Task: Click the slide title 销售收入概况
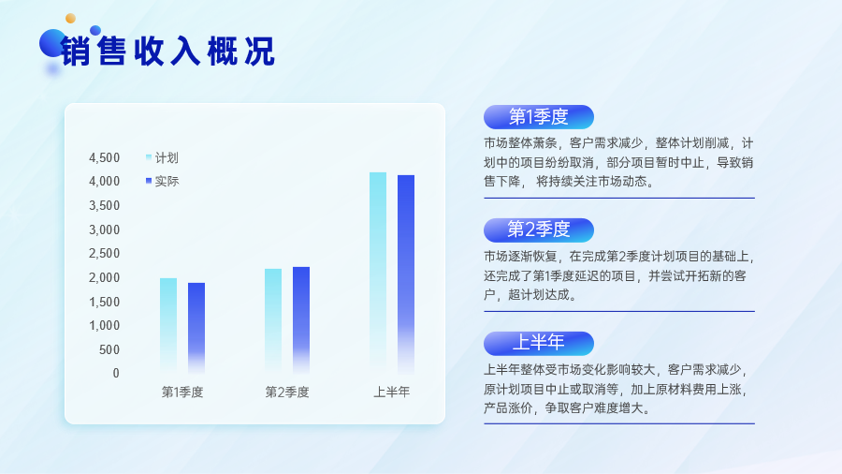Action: tap(167, 52)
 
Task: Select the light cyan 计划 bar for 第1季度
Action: tap(168, 326)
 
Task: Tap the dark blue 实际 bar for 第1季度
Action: tap(196, 328)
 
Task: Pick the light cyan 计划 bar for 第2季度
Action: tap(273, 320)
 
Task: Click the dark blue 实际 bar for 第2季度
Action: tap(300, 320)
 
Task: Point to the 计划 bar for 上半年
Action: tap(378, 273)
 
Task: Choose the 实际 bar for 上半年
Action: tap(405, 274)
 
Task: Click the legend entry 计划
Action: tap(162, 157)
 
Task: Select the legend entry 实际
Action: tap(162, 181)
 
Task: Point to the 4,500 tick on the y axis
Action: tap(104, 157)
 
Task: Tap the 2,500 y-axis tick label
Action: tap(104, 253)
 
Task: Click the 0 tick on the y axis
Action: tap(116, 373)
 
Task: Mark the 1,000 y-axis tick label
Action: tap(104, 325)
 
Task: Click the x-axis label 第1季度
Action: tap(182, 393)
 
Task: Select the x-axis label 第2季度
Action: tap(287, 393)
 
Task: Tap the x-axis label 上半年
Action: tap(391, 393)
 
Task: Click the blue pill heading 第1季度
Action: tap(539, 116)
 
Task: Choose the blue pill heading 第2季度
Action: tap(539, 230)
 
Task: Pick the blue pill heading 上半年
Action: tap(539, 344)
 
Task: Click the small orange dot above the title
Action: tap(70, 19)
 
